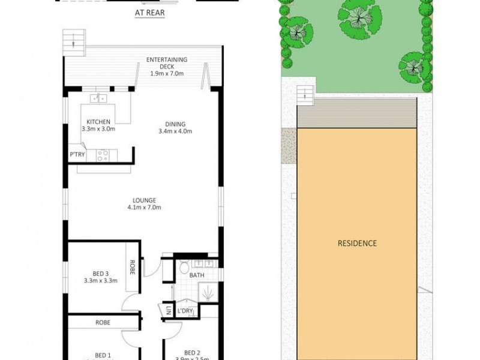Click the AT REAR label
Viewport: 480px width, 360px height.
pos(149,11)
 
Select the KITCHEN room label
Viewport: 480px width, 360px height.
pos(98,122)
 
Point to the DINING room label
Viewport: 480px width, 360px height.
pos(172,125)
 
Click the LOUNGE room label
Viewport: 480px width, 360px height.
pos(145,200)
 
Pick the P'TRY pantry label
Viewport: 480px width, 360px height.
pos(77,155)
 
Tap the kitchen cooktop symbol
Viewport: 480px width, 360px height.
pos(103,155)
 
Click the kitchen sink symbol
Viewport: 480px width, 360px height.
pos(98,98)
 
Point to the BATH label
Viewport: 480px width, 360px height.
pos(197,275)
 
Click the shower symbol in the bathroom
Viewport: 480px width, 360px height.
pos(208,293)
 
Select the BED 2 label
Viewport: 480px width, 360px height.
pos(192,352)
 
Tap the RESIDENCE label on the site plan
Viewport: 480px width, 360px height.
pos(357,243)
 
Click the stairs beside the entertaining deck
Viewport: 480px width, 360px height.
pos(74,43)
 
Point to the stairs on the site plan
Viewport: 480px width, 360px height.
pos(305,94)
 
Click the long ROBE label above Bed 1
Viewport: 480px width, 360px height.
pos(103,322)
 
